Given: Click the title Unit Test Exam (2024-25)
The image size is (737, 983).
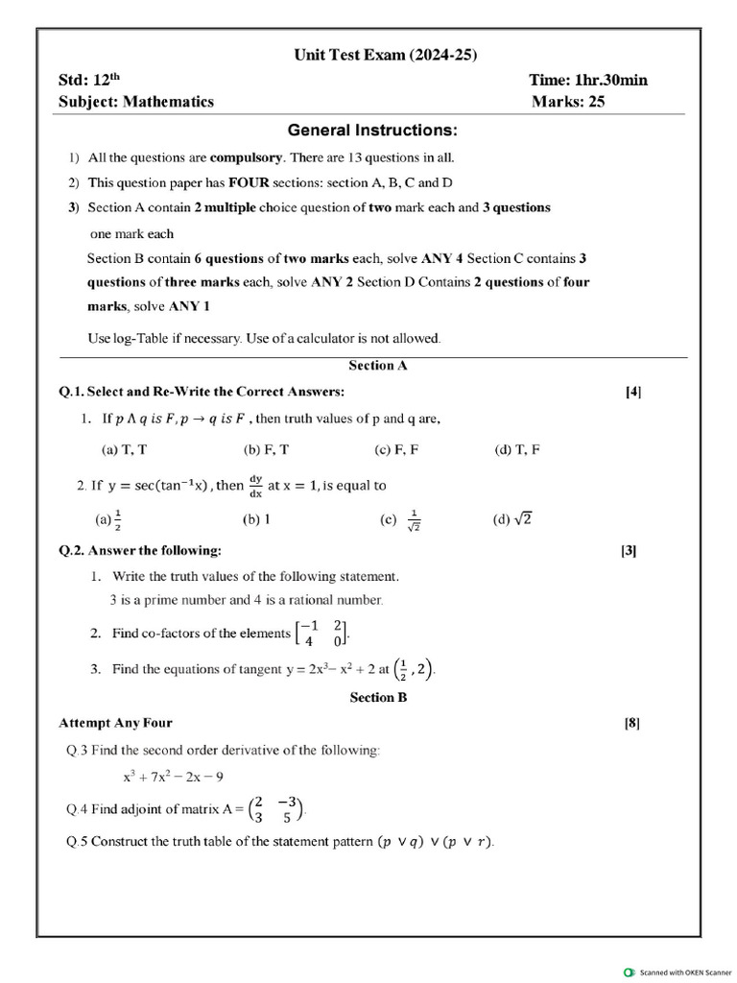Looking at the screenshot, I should (385, 56).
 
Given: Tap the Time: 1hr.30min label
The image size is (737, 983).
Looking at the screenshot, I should (587, 80).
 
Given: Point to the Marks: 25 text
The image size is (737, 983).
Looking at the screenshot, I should (568, 102).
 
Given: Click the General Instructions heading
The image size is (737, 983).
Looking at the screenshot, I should (372, 130).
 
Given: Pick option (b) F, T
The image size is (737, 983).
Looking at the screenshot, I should (267, 449).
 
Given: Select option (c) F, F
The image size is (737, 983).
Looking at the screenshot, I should (396, 449).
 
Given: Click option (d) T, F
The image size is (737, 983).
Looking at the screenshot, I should (516, 449).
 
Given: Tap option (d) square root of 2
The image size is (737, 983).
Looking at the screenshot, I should (512, 519).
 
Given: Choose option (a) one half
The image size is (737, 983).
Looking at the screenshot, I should (107, 519).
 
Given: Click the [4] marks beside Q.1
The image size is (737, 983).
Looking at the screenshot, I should (633, 392).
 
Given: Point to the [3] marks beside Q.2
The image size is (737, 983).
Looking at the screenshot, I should (629, 551).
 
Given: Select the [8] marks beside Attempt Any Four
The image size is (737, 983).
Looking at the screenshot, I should (631, 723).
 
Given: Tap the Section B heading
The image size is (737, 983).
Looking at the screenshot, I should (378, 698).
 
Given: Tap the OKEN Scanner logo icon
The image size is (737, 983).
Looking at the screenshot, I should (629, 971).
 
